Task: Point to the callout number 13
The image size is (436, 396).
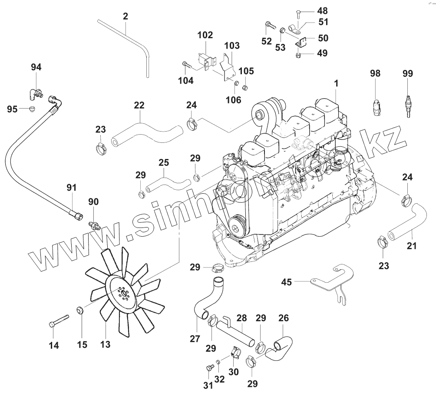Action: coord(105,344)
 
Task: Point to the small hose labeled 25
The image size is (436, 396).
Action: coord(164,181)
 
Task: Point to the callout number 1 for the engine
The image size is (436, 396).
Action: coord(336,82)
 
